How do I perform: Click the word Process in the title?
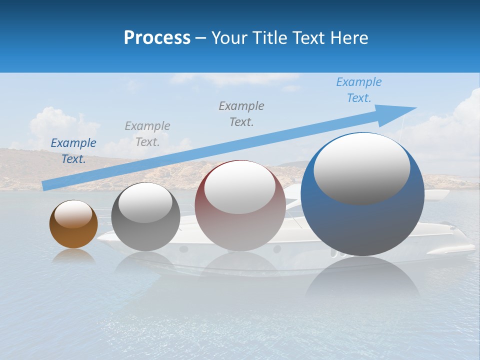tap(157, 37)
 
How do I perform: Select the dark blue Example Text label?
tap(73, 150)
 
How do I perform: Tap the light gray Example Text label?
tap(147, 133)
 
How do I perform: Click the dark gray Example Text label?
tap(241, 113)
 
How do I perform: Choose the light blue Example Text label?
tap(359, 89)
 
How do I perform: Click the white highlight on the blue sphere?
tap(361, 168)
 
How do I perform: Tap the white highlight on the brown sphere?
tap(73, 213)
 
